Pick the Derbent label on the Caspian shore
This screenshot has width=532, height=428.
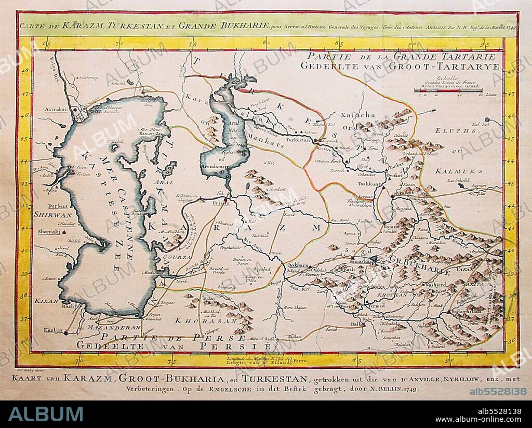tap(47, 205)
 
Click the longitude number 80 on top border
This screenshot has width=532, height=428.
tap(265, 43)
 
